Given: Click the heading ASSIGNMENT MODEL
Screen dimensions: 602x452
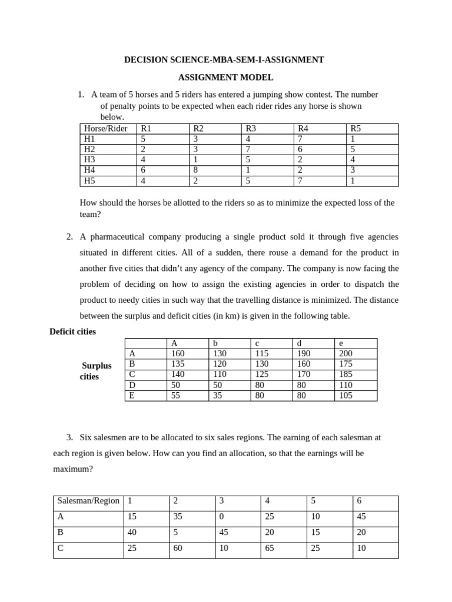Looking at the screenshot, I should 226,77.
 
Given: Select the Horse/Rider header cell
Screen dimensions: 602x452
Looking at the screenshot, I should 106,129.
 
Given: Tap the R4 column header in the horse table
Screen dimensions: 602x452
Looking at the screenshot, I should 304,129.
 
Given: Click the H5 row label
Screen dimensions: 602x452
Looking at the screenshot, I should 91,181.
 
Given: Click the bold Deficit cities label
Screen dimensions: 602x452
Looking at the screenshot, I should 72,332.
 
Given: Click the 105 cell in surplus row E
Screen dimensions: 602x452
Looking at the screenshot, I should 345,396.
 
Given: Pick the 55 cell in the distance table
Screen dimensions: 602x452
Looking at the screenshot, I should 176,396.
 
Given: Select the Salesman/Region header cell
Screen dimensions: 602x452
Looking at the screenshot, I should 88,501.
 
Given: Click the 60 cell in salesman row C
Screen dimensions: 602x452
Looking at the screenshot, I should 177,549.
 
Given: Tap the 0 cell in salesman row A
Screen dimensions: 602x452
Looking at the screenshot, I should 221,517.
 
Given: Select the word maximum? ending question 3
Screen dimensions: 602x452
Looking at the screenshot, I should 72,470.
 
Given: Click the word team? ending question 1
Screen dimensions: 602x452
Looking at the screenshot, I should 90,215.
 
